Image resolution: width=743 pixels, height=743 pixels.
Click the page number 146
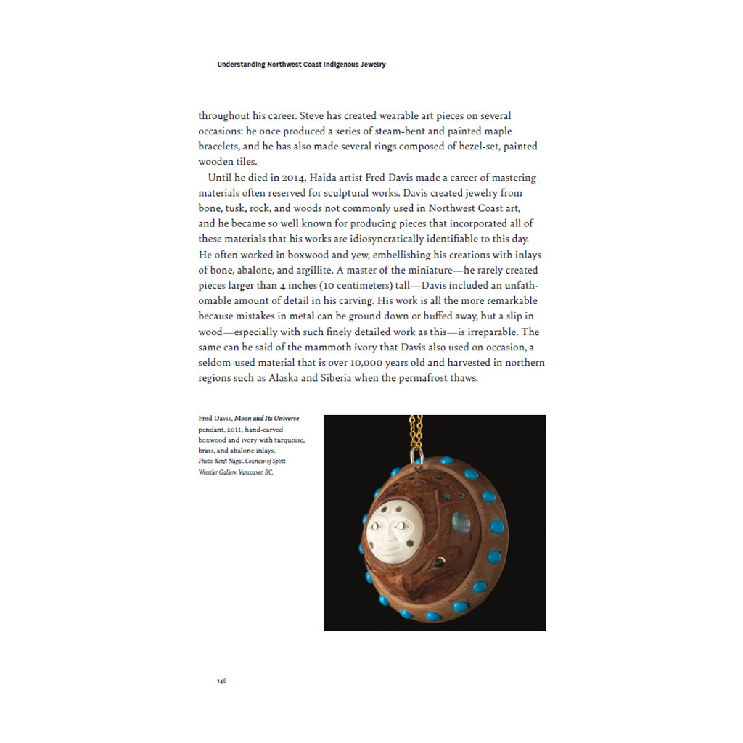click(x=221, y=681)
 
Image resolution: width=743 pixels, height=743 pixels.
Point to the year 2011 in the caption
click(x=235, y=430)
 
